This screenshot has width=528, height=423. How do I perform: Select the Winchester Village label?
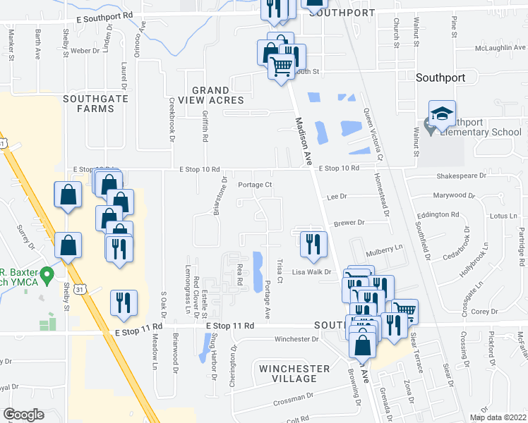[294, 374]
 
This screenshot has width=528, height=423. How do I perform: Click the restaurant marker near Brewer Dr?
[311, 244]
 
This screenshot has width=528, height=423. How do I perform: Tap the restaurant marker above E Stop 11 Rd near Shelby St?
[124, 302]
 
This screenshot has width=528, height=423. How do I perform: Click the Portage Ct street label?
[255, 185]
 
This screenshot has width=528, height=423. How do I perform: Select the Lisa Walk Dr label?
[312, 271]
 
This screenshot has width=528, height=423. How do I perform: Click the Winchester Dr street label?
[296, 339]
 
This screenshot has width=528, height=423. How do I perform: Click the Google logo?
[23, 415]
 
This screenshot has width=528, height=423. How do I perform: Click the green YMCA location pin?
[47, 273]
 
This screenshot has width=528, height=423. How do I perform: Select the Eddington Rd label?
[438, 214]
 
